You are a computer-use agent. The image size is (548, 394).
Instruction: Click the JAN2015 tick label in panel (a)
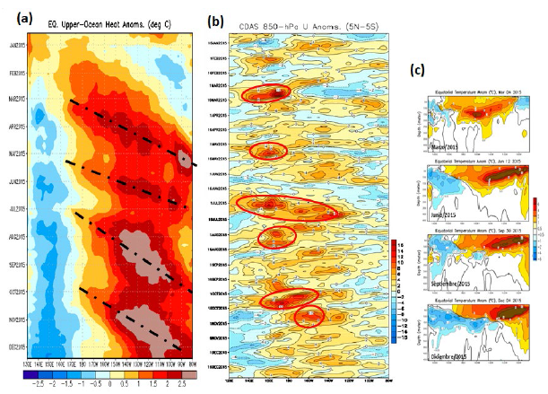(17, 44)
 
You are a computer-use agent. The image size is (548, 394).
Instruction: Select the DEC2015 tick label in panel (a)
(17, 345)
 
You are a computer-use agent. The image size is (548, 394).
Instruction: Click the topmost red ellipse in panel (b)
(267, 94)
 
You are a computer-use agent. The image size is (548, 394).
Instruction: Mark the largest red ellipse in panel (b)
(288, 208)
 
